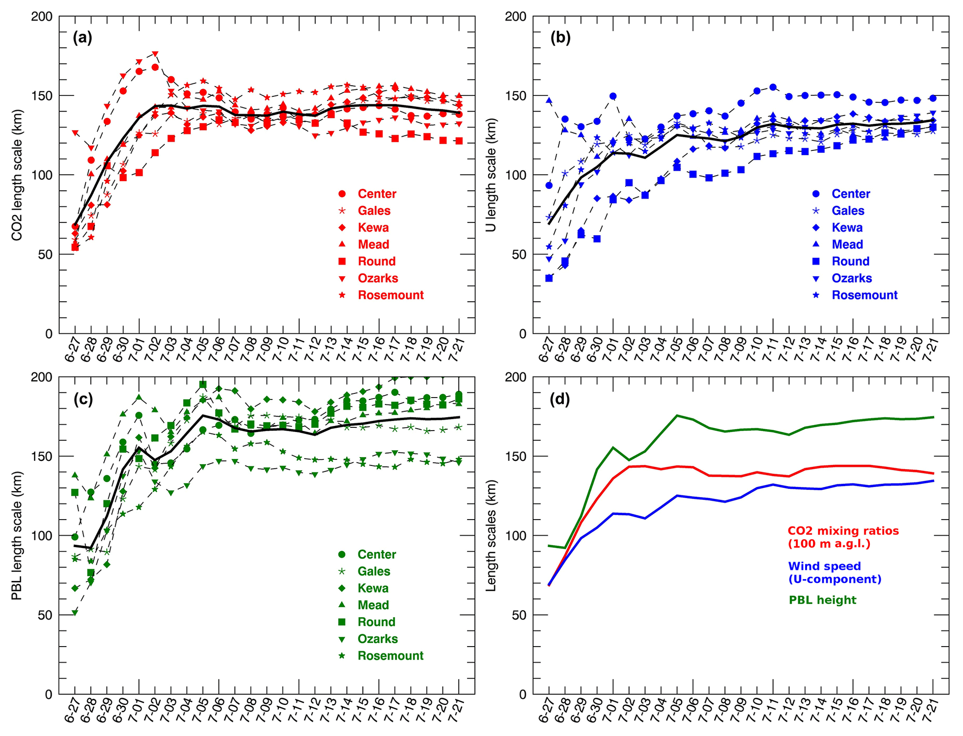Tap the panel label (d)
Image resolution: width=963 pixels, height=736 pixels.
(x=560, y=399)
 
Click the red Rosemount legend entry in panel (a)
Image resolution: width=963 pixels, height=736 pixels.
(x=390, y=295)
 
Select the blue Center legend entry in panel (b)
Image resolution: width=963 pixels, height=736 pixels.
(x=850, y=194)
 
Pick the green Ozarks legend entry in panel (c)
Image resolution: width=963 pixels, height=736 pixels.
(x=377, y=639)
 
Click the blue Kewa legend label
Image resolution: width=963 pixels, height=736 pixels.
(x=847, y=228)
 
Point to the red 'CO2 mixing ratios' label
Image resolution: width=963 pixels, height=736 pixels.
(x=843, y=531)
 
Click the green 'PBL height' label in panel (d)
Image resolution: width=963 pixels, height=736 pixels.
(x=822, y=600)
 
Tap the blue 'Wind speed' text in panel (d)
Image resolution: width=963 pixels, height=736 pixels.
(x=824, y=566)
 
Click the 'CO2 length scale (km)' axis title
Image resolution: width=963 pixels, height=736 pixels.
(x=17, y=175)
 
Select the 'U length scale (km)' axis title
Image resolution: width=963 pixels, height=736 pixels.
(x=491, y=175)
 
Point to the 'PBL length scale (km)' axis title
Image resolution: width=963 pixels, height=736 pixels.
(x=17, y=535)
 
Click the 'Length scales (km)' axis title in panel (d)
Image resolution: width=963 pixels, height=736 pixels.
(x=491, y=535)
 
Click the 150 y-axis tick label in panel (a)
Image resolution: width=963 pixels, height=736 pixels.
(x=42, y=96)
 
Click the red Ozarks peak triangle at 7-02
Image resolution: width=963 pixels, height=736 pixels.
(x=155, y=54)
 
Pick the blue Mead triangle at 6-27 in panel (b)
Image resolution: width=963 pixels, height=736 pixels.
(x=549, y=101)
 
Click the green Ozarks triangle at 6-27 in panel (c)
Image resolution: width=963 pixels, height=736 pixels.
(x=75, y=613)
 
